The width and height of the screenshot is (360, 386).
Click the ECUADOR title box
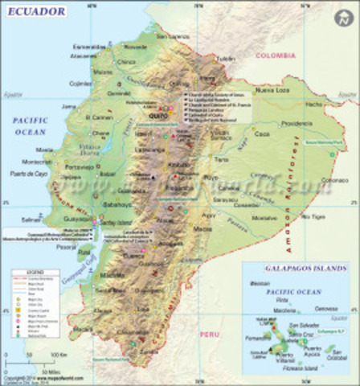(35, 12)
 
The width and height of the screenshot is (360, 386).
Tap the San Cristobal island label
(338, 354)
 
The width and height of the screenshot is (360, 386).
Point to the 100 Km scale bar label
(60, 352)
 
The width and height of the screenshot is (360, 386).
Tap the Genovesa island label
(327, 309)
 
